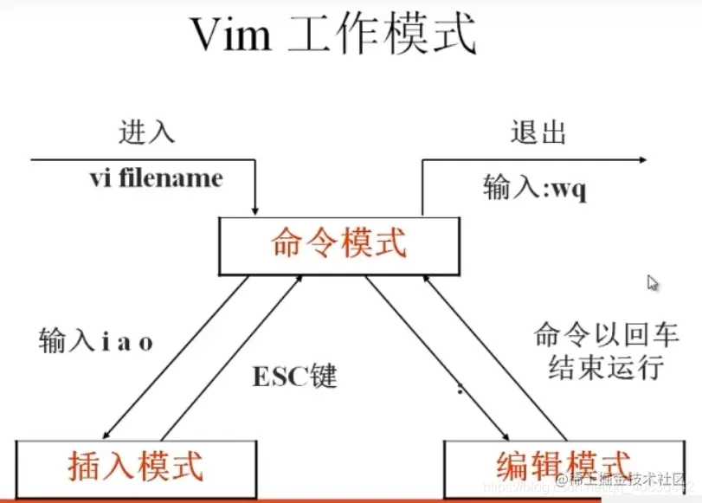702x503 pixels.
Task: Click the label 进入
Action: point(147,132)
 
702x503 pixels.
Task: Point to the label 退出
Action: point(538,132)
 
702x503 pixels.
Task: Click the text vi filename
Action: point(156,179)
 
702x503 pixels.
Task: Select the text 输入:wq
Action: point(535,189)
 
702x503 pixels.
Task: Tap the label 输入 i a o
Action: point(96,341)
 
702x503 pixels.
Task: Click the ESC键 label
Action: point(293,377)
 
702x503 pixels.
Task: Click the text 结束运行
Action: point(606,367)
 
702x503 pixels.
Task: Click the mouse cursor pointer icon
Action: point(653,282)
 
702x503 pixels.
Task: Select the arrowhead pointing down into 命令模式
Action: point(255,210)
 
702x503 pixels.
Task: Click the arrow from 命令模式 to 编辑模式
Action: point(433,355)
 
